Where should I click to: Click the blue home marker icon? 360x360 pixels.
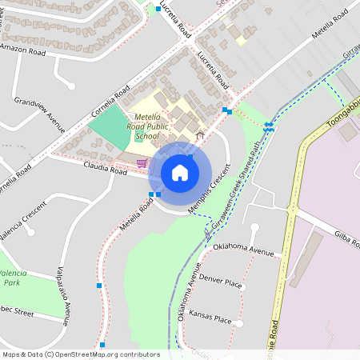click(179, 173)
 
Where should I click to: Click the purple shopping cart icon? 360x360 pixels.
click(142, 163)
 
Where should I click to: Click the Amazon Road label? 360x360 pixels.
click(22, 48)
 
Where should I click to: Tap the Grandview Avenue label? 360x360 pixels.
click(39, 115)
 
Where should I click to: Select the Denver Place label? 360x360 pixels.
click(221, 282)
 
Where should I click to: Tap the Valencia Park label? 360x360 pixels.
click(14, 278)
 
